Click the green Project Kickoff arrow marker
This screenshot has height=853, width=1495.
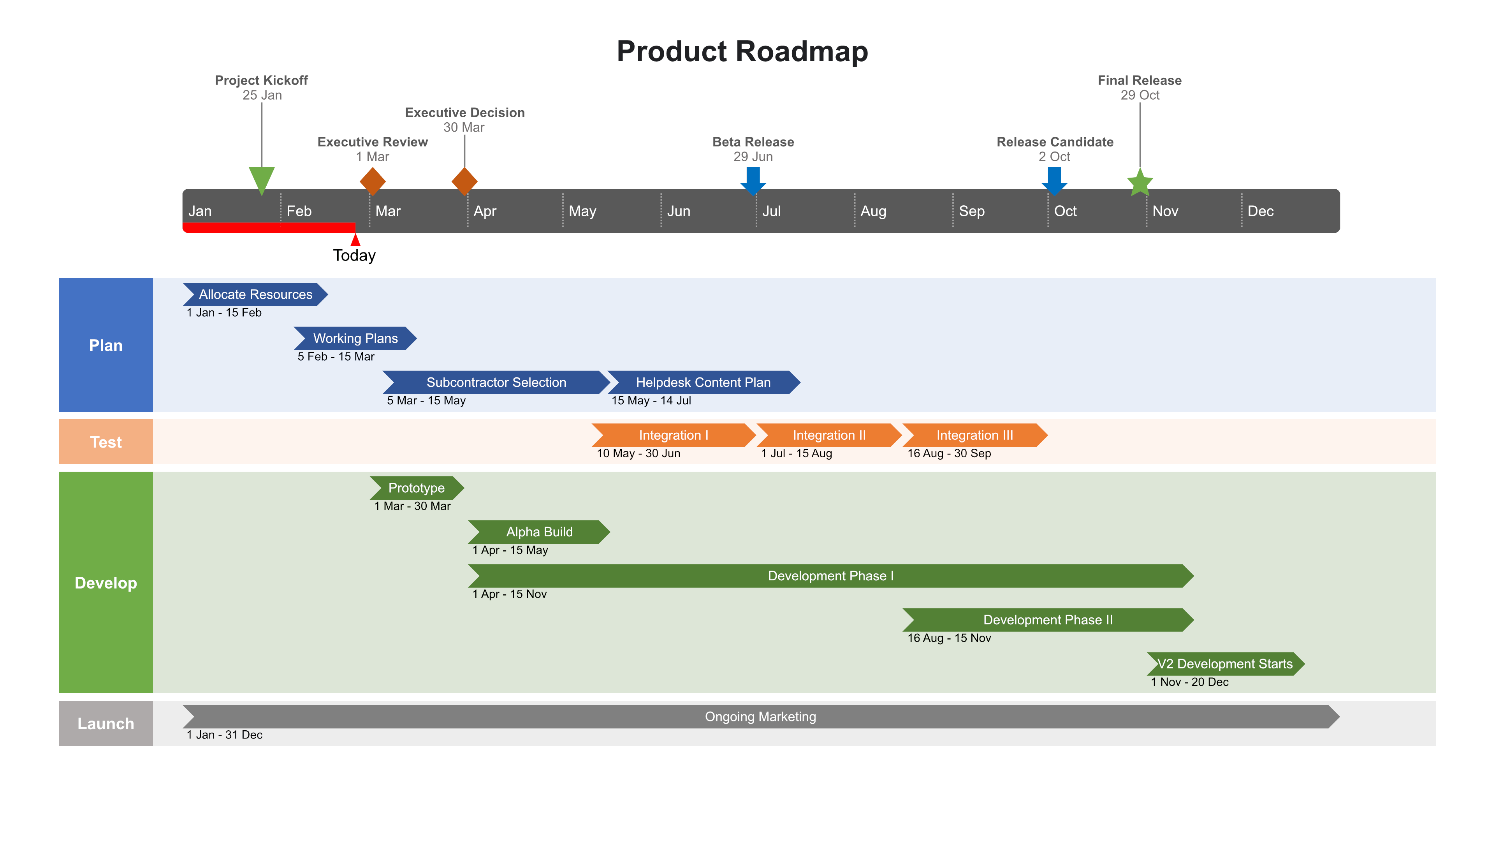pyautogui.click(x=261, y=179)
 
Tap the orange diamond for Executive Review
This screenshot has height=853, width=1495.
pyautogui.click(x=373, y=181)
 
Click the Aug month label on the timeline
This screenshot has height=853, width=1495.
pyautogui.click(x=873, y=211)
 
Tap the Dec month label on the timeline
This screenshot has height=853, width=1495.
pyautogui.click(x=1260, y=211)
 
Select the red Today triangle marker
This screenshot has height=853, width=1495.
pyautogui.click(x=355, y=240)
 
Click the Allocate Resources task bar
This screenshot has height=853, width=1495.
pyautogui.click(x=255, y=294)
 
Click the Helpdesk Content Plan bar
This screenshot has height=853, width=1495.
pyautogui.click(x=703, y=382)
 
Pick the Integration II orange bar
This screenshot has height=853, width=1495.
pyautogui.click(x=828, y=435)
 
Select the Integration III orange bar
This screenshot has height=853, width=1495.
pyautogui.click(x=974, y=435)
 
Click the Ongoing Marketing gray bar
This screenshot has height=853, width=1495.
pyautogui.click(x=760, y=716)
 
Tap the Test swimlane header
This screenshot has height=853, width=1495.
pyautogui.click(x=106, y=442)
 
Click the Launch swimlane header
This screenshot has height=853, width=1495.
pyautogui.click(x=106, y=723)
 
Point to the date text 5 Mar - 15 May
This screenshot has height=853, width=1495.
pyautogui.click(x=426, y=400)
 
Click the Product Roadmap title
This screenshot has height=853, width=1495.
pyautogui.click(x=742, y=51)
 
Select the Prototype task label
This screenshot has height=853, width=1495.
pyautogui.click(x=416, y=487)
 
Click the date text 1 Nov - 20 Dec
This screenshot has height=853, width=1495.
pyautogui.click(x=1189, y=681)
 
